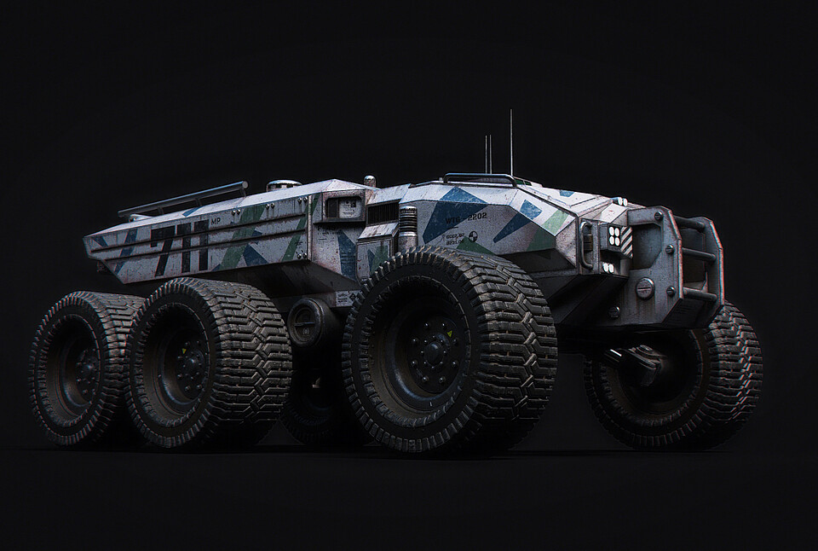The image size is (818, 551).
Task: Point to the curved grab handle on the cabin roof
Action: pos(481,177)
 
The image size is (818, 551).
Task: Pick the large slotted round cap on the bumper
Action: pos(645,288)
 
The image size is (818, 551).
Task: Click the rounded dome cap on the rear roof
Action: pos(284,183)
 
